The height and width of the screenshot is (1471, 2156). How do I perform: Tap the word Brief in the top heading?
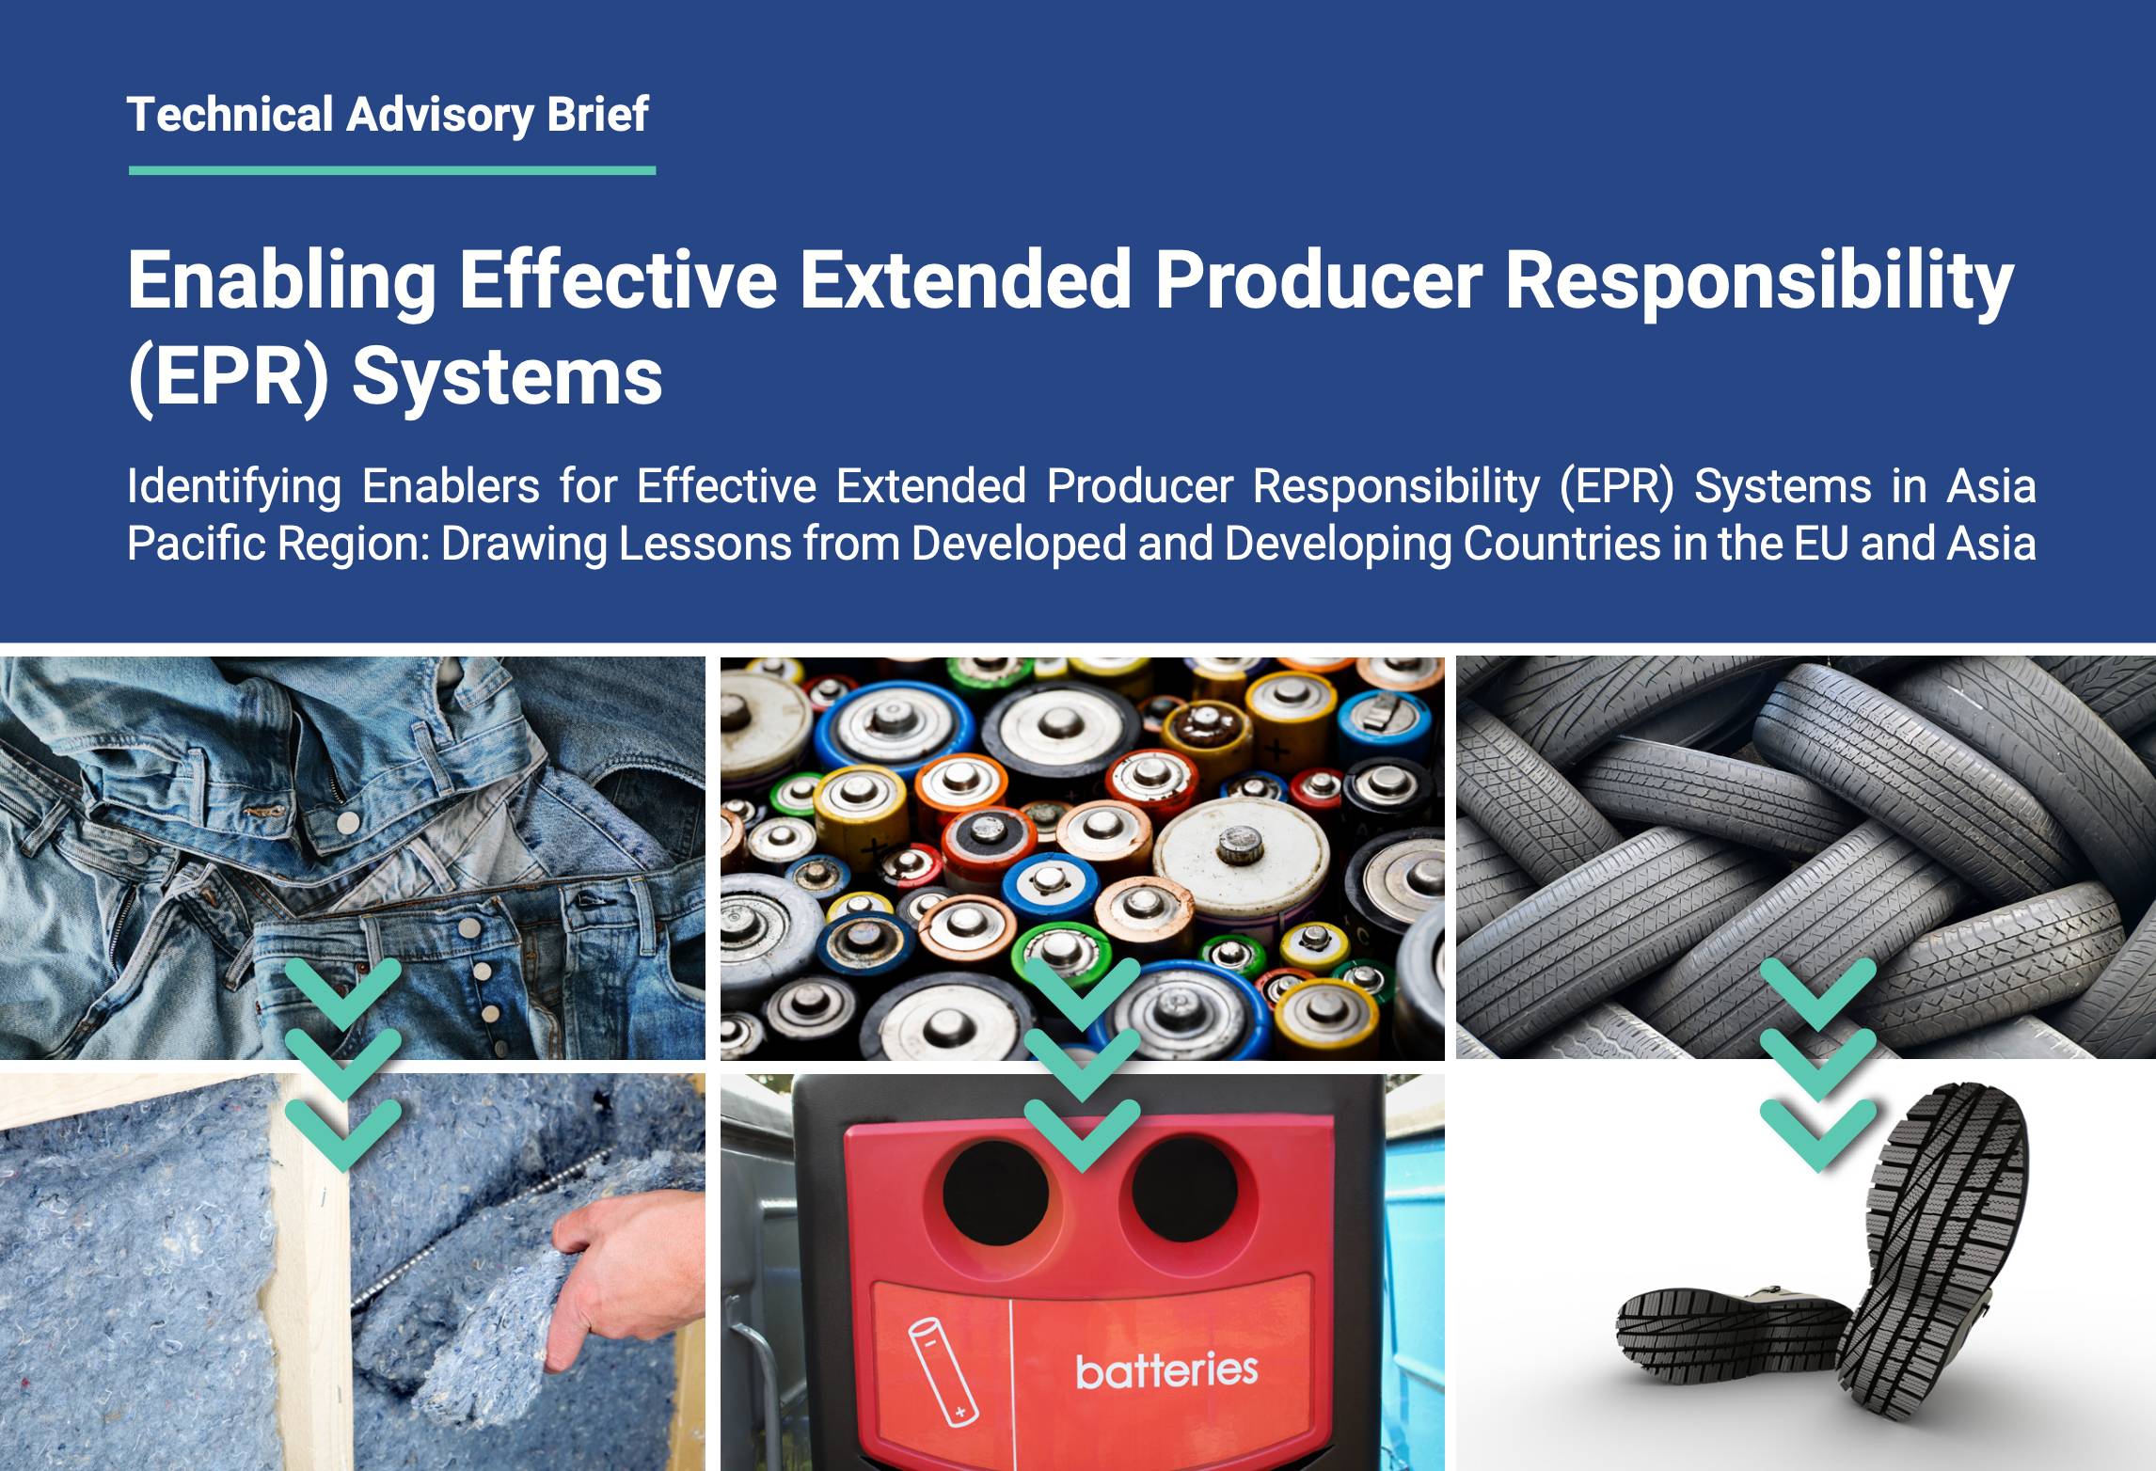coord(597,115)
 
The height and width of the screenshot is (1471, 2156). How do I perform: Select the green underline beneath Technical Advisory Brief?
coord(392,170)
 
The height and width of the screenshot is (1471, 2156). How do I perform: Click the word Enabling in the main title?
coord(281,281)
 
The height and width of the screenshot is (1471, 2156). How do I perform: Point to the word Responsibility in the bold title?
coord(1759,281)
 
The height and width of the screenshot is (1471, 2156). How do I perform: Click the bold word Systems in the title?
coord(508,378)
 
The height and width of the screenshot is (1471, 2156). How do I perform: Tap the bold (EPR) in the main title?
coord(229,378)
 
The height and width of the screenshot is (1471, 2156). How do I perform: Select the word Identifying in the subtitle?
coord(233,486)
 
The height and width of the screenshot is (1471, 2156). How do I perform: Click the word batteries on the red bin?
coord(1166,1370)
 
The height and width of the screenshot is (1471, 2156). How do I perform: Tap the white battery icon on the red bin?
coord(943,1371)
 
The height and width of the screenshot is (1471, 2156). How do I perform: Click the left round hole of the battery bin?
coord(995,1193)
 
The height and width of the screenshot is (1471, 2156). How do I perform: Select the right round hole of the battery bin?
coord(1184,1193)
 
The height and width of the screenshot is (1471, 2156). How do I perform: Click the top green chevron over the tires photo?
coord(1817,992)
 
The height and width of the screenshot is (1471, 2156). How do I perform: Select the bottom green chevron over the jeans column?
coord(343,1133)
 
